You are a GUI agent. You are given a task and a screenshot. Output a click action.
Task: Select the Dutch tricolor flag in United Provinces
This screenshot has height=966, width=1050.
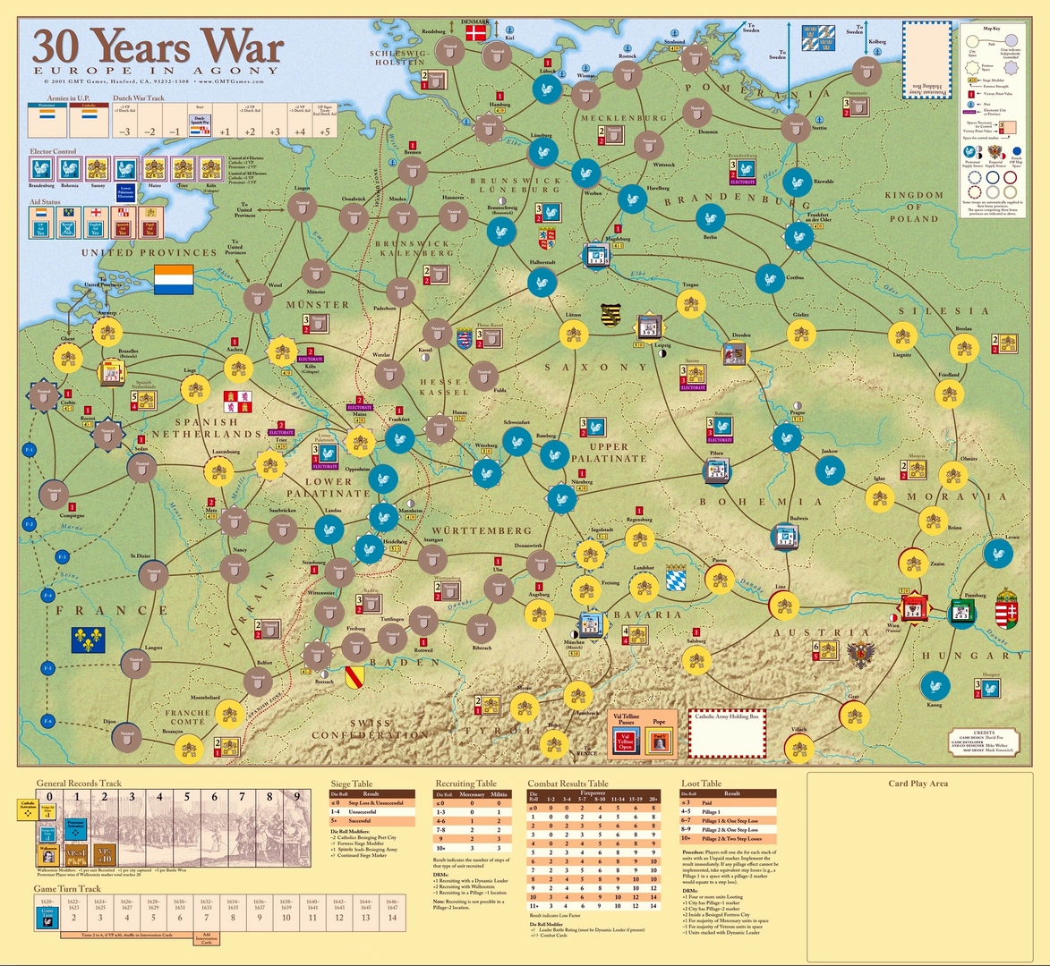click(174, 279)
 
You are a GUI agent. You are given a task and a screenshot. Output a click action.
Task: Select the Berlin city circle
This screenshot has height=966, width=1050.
click(711, 218)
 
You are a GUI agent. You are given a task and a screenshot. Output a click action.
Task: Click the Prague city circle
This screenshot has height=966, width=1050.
click(786, 436)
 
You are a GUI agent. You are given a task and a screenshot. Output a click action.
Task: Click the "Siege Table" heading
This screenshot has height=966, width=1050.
click(352, 784)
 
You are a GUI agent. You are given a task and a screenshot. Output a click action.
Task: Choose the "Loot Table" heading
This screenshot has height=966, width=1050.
click(701, 784)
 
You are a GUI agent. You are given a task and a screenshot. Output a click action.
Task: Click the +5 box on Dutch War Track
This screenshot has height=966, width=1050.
click(324, 131)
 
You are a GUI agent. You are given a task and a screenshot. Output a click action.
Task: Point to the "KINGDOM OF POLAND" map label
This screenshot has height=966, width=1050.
click(913, 207)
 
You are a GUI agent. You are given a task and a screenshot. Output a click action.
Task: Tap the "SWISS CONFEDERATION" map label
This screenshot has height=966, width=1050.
click(370, 729)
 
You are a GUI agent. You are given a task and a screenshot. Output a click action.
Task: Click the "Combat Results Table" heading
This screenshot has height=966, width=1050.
click(568, 784)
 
